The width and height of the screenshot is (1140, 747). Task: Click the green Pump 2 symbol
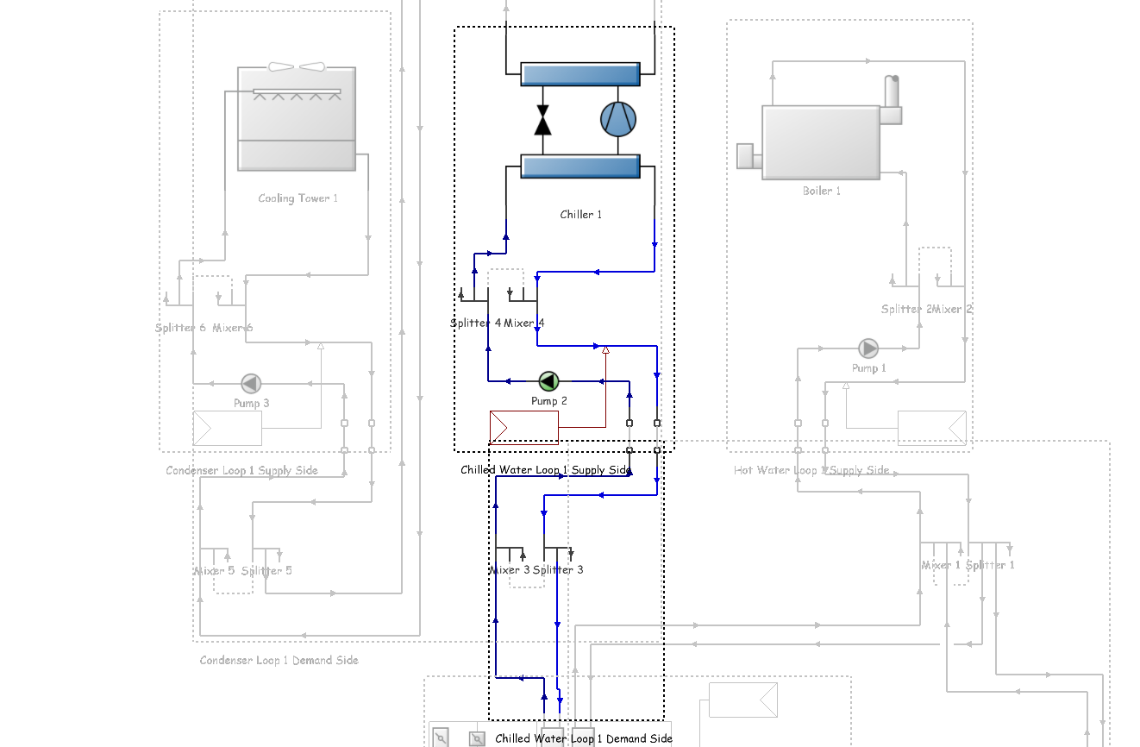coord(548,381)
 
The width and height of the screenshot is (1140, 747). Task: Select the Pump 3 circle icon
coord(251,383)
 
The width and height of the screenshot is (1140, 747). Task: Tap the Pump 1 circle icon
coord(868,348)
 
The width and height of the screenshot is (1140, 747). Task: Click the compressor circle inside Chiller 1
coord(618,120)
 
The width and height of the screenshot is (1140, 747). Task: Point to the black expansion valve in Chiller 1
coord(542,120)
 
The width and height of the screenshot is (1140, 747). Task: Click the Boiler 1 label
coord(821,191)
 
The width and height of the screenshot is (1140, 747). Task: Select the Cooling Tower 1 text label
coord(298,198)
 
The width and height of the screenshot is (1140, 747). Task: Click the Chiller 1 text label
coord(580,215)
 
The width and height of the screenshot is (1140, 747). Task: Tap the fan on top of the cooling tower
coord(297,67)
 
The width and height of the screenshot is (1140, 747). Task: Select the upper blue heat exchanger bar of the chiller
coord(579,74)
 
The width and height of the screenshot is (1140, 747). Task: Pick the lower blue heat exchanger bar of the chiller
coord(579,166)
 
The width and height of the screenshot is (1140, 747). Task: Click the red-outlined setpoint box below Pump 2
coord(523,427)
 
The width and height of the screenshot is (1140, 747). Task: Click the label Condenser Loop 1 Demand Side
coord(279,660)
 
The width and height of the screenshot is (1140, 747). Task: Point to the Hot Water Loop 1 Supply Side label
coord(811,470)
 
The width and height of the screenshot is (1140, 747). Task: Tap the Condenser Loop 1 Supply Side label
coord(241,470)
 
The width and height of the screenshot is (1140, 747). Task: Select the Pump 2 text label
coord(548,401)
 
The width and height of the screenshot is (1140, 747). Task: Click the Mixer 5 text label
coord(214,570)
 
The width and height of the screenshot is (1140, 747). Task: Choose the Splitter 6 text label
coord(180,328)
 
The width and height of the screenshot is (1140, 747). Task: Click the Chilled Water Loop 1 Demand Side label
coord(583,738)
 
